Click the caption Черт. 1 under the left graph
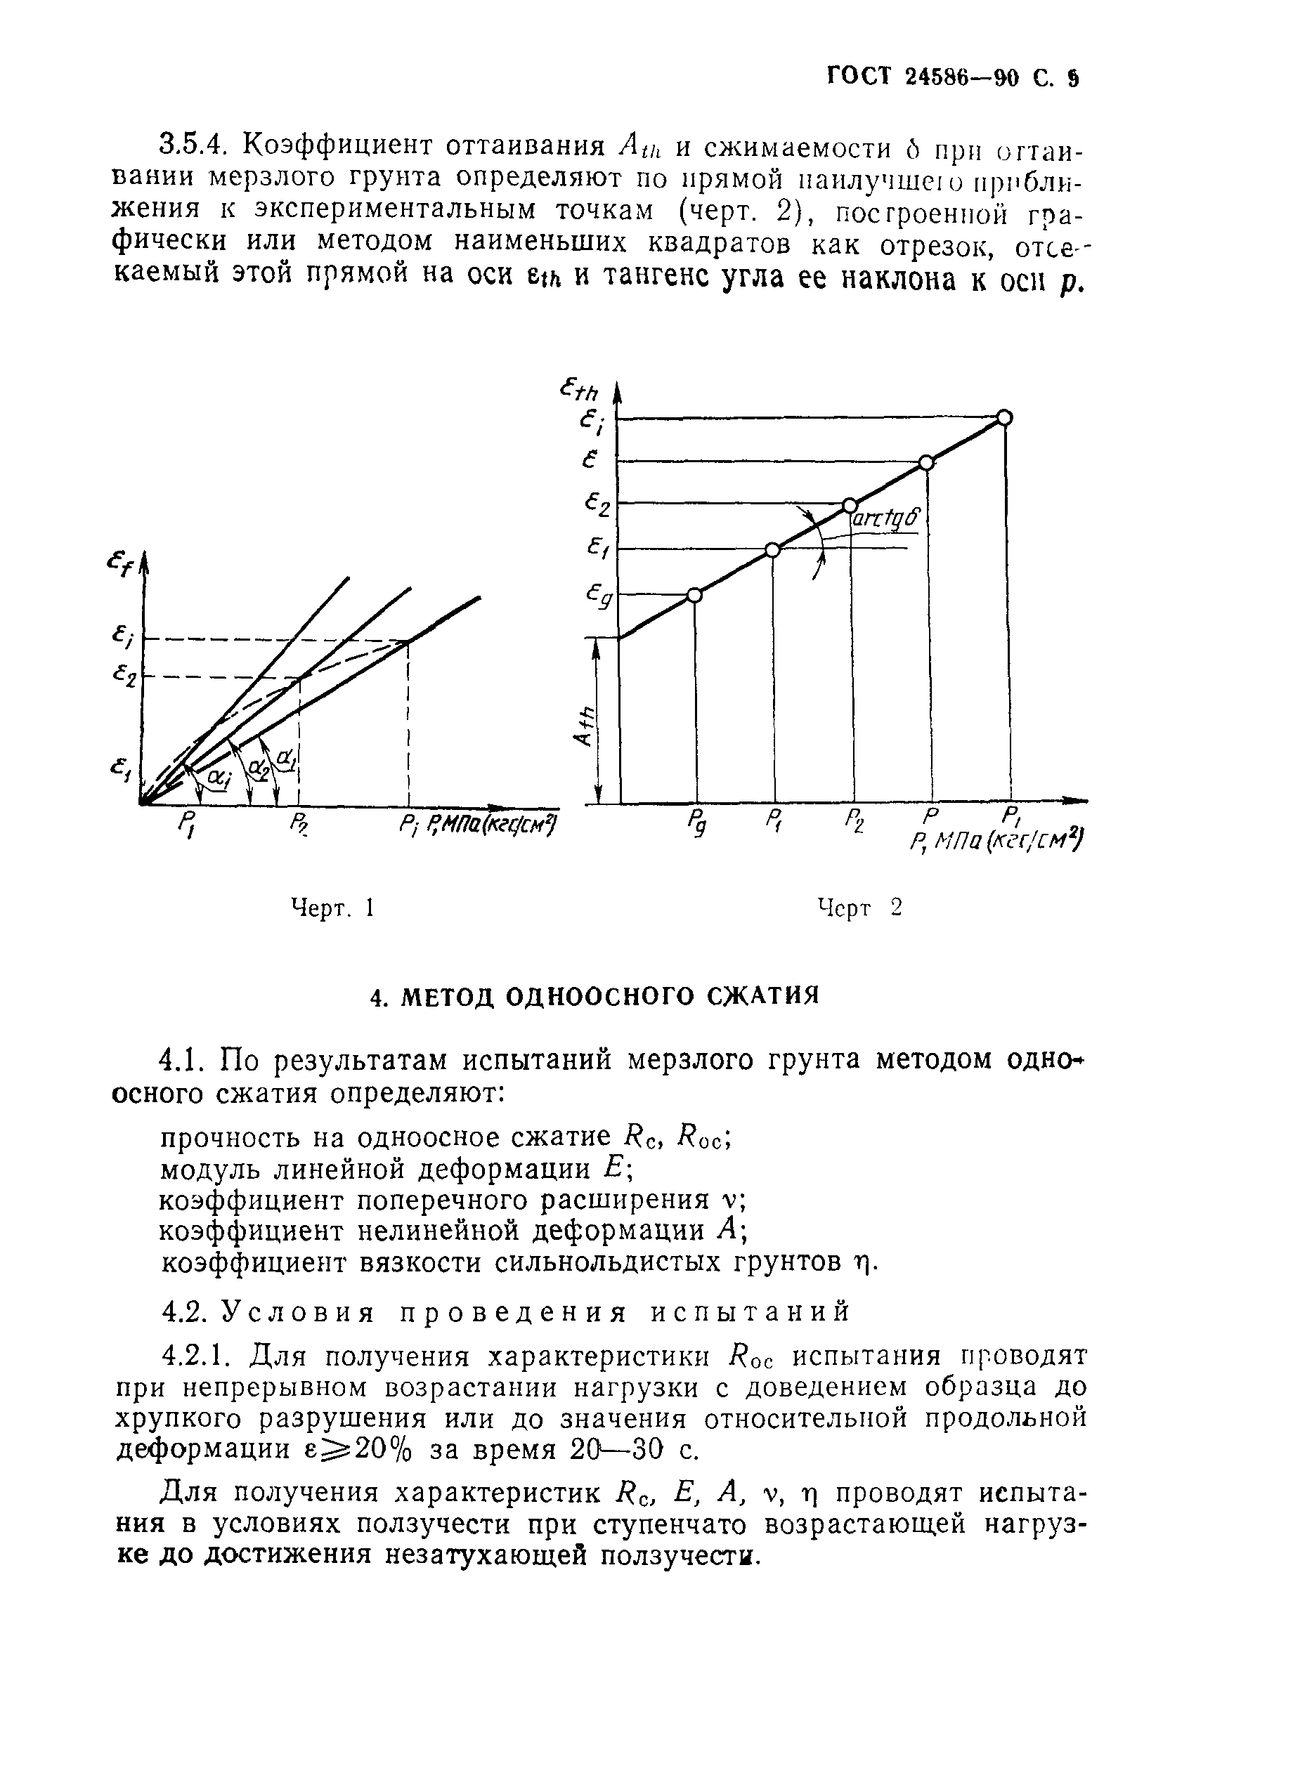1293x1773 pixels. click(332, 908)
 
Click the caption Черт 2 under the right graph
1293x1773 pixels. click(859, 908)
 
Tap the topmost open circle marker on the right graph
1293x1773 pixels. click(1005, 418)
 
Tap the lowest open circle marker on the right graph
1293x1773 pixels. click(694, 596)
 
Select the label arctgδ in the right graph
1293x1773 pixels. click(885, 518)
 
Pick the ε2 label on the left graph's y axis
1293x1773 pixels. click(124, 674)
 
